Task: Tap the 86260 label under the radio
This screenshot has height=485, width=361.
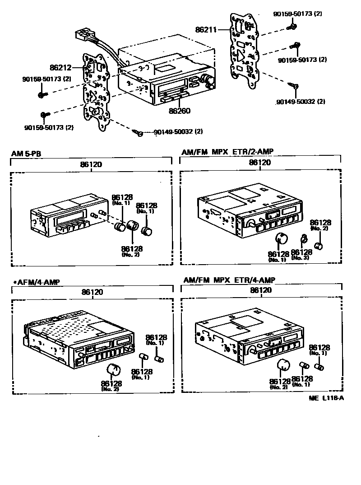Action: [179, 111]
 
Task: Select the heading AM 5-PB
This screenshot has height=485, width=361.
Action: [26, 154]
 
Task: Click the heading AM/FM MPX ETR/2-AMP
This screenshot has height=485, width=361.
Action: [228, 152]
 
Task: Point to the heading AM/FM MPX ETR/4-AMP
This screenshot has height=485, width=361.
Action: [229, 280]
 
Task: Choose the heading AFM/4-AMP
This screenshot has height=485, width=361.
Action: [37, 282]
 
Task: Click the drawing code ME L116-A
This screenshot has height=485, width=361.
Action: [326, 399]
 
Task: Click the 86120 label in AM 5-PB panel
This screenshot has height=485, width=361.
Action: [91, 164]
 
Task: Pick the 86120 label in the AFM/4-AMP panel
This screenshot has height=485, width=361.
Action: [92, 292]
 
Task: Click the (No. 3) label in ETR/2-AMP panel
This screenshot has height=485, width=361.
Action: [301, 258]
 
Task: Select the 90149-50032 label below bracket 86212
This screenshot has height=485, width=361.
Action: [177, 132]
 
